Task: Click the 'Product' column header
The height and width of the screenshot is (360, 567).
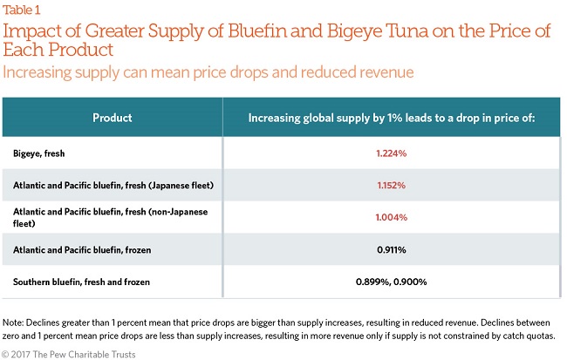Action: click(112, 117)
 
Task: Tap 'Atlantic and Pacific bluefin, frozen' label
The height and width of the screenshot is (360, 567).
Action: click(82, 250)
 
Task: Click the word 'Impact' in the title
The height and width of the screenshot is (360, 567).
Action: click(29, 31)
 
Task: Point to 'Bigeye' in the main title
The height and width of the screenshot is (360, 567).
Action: click(372, 31)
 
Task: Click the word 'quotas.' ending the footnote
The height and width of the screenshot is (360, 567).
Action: click(539, 336)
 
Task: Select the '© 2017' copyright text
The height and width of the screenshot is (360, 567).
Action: click(17, 353)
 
